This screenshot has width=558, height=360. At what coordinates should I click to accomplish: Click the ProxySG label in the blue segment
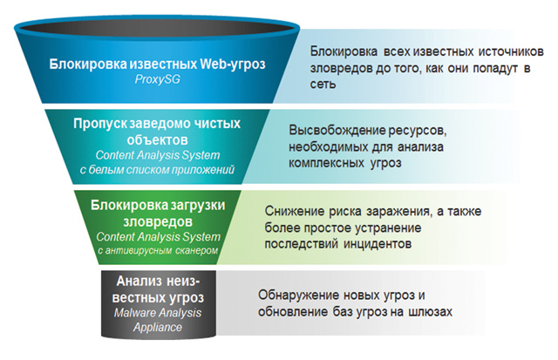pos(157,79)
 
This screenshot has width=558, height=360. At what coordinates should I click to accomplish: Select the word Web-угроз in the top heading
pos(233,64)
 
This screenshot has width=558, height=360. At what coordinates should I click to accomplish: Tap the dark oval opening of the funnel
pos(157,27)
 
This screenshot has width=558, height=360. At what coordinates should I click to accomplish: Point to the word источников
pos(511,51)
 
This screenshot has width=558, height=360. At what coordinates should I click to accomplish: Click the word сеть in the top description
pos(323,85)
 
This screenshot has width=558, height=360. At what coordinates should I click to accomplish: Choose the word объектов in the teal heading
pos(157,139)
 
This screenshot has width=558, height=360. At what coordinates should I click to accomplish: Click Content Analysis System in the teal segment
pos(158,155)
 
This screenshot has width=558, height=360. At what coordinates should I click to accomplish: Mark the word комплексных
pos(326,163)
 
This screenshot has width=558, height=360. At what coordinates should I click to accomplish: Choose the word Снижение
pos(295,211)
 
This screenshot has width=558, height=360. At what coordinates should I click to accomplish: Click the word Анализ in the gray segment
pos(137,281)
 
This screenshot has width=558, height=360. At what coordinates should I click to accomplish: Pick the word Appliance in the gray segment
pos(158,327)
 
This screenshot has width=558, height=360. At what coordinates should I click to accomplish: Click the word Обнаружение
pos(298,295)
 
